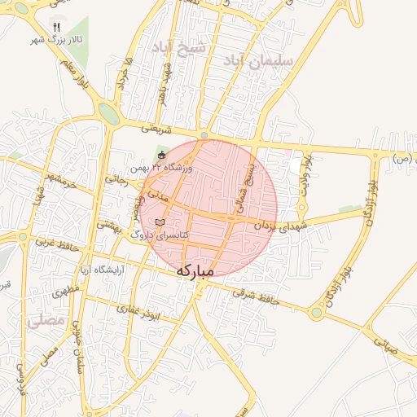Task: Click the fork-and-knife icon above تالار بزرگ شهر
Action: click(x=56, y=26)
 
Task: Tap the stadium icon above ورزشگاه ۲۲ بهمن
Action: click(x=161, y=155)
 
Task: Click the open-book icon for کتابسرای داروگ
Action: click(x=160, y=222)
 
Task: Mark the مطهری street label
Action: click(x=68, y=290)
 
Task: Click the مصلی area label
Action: click(x=45, y=321)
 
